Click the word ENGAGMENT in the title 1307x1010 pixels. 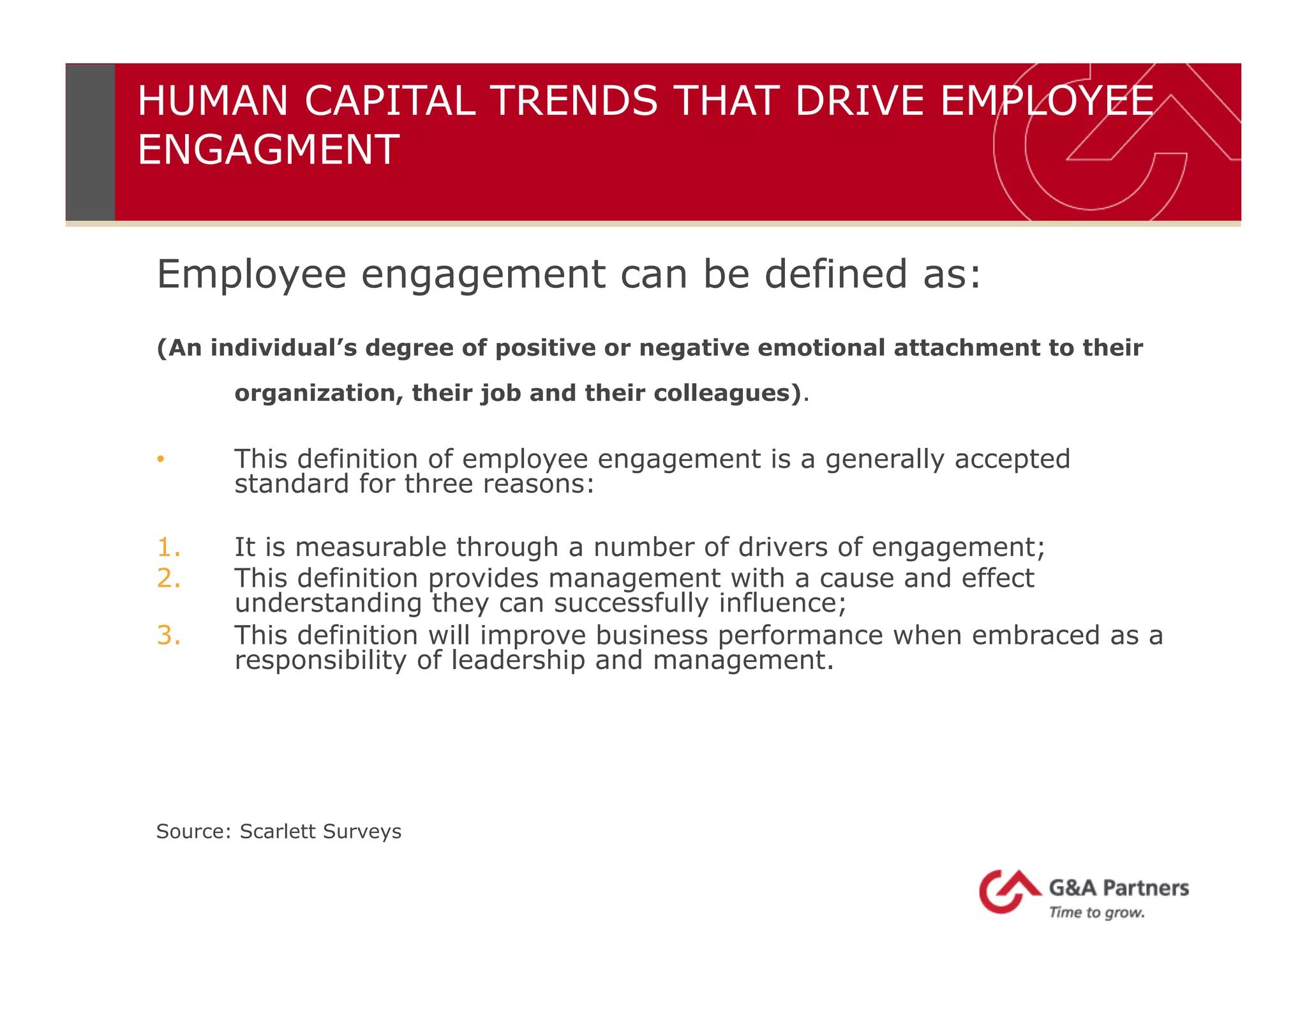click(269, 149)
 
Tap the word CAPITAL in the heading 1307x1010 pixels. click(390, 101)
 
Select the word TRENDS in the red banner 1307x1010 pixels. click(575, 101)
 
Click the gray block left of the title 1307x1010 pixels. click(91, 142)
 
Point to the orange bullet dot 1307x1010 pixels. click(161, 459)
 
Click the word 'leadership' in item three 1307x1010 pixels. click(518, 660)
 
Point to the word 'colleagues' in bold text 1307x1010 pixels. click(722, 393)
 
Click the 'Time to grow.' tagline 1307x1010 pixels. click(1096, 912)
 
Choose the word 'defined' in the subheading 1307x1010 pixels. click(836, 274)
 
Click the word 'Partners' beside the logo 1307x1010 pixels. click(1146, 887)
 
